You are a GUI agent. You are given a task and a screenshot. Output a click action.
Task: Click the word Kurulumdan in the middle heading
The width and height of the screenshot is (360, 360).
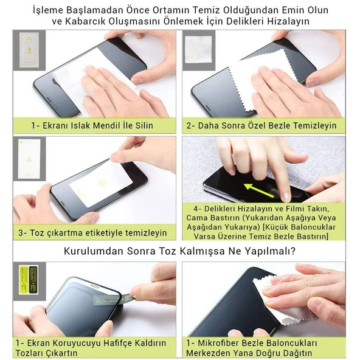95,252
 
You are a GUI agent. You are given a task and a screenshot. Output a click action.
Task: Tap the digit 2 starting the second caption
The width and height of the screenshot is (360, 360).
190,126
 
